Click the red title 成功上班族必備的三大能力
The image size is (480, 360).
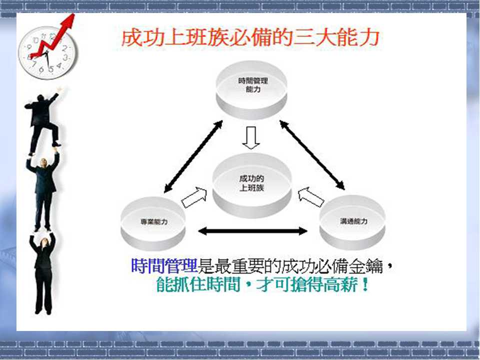pos(250,38)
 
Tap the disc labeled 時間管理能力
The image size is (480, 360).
pos(251,89)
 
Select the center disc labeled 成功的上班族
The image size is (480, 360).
pos(252,185)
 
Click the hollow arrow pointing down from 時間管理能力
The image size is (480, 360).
pos(251,138)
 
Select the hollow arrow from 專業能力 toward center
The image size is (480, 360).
pos(194,197)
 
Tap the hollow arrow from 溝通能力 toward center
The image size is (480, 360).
pos(310,197)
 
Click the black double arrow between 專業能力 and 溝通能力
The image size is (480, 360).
pos(252,231)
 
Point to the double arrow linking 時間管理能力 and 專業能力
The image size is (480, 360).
pos(193,156)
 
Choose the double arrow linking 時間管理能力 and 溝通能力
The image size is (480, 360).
pos(312,155)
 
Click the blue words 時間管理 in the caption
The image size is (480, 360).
pos(164,265)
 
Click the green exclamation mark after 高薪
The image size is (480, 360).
pos(364,284)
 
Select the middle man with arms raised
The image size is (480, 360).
pos(43,190)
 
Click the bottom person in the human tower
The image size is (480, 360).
pos(43,273)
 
